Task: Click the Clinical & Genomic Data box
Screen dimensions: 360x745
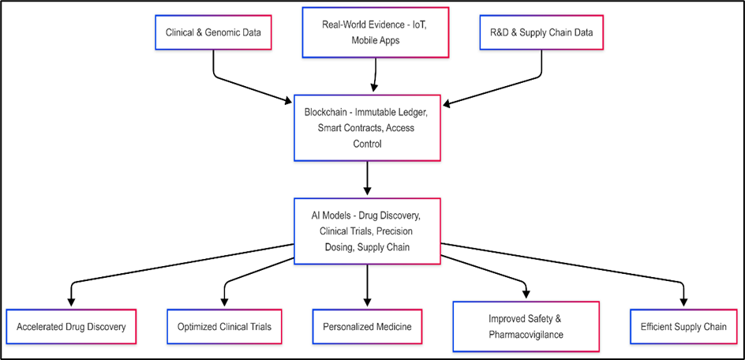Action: [213, 33]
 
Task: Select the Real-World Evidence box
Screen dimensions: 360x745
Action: [375, 32]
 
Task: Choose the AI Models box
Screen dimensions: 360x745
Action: [367, 231]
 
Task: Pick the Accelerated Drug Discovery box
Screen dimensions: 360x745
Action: [71, 326]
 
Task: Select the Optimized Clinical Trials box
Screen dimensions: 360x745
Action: [224, 326]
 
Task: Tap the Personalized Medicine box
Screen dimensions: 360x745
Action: [367, 326]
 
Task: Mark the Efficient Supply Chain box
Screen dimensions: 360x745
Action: [684, 326]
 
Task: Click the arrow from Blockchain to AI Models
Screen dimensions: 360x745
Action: [367, 178]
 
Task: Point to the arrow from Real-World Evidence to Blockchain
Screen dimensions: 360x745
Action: [375, 75]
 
